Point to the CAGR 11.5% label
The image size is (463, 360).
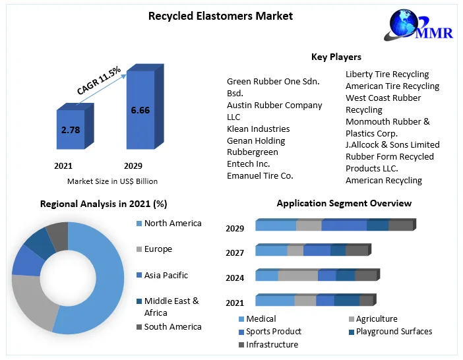point(99,80)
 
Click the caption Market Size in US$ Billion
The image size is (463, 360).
point(112,181)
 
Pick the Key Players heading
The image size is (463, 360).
point(336,57)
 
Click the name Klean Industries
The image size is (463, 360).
point(258,129)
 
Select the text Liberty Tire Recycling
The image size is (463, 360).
point(387,75)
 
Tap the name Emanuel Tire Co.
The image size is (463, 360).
point(260,175)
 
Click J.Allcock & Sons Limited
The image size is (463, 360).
point(392,144)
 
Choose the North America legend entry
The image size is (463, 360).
point(173,224)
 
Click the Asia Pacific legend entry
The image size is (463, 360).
point(166,275)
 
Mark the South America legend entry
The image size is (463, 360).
point(173,326)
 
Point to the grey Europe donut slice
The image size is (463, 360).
point(30,300)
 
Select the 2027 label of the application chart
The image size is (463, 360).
point(235,253)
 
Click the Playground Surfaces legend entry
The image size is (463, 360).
point(394,332)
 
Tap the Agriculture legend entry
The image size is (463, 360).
point(376,319)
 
